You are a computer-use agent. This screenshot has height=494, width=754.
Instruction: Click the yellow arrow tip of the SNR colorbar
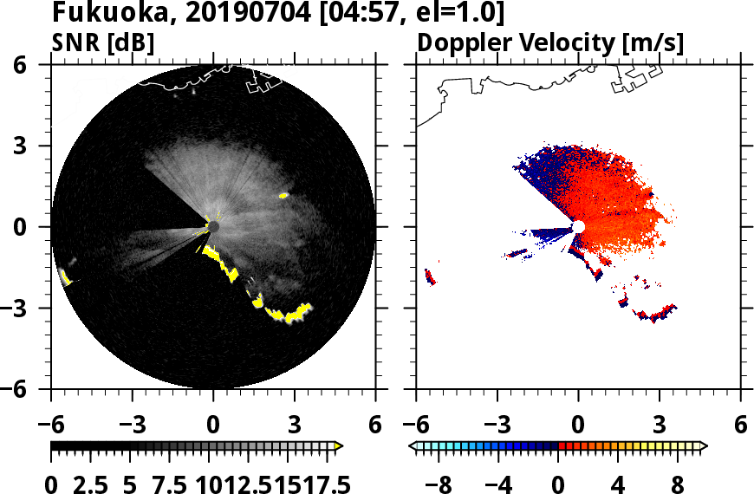339,446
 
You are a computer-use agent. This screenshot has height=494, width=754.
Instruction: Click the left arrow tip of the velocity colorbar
413,446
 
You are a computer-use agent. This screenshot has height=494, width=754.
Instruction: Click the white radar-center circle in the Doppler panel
578,226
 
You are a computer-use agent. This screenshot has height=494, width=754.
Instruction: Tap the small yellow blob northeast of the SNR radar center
283,196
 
